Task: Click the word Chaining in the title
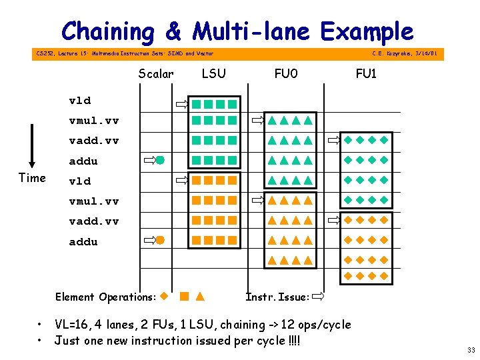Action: pyautogui.click(x=107, y=31)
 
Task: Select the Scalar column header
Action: pyautogui.click(x=155, y=73)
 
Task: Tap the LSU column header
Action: pyautogui.click(x=213, y=73)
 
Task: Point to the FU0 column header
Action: pyautogui.click(x=287, y=73)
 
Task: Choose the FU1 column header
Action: pyautogui.click(x=365, y=73)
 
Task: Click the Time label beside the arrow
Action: pyautogui.click(x=32, y=177)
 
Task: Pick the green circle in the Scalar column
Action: pyautogui.click(x=160, y=160)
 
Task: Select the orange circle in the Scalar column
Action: pyautogui.click(x=160, y=240)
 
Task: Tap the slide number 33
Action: pyautogui.click(x=471, y=350)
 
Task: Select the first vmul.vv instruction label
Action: pyautogui.click(x=94, y=121)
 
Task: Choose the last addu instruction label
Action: pyautogui.click(x=83, y=241)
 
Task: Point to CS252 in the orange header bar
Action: pyautogui.click(x=45, y=53)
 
